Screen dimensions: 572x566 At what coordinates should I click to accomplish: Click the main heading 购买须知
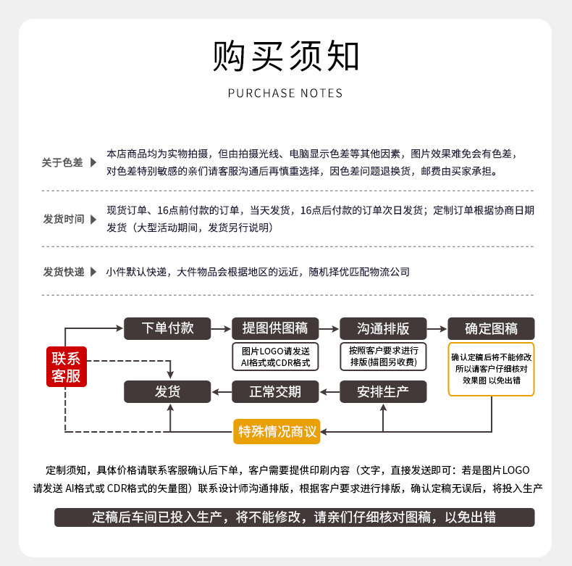pos(285,56)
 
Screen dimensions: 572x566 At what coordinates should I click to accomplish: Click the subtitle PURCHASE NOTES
pos(285,93)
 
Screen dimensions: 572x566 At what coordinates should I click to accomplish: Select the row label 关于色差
pos(62,162)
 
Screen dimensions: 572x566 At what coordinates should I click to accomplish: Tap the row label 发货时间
pos(64,219)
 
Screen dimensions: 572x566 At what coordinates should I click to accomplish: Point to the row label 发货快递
pos(64,272)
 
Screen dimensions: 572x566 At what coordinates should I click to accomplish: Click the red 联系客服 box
pos(65,366)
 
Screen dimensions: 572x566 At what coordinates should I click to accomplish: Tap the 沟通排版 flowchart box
pos(383,328)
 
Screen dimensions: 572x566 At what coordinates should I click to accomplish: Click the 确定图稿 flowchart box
pos(491,328)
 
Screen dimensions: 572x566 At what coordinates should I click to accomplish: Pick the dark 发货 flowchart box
pos(167,392)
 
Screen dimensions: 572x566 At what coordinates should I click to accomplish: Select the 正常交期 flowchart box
pos(275,392)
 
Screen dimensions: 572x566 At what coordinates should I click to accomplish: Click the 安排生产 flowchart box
pos(383,392)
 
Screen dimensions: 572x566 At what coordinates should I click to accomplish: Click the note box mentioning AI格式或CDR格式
pos(275,357)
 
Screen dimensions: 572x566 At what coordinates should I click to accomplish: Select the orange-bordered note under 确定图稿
pos(491,368)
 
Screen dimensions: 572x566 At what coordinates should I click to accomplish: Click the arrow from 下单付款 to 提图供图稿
pos(221,328)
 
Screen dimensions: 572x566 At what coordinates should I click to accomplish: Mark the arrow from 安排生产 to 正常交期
pos(329,392)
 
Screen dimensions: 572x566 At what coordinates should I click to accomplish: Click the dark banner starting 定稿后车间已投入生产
pos(294,517)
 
